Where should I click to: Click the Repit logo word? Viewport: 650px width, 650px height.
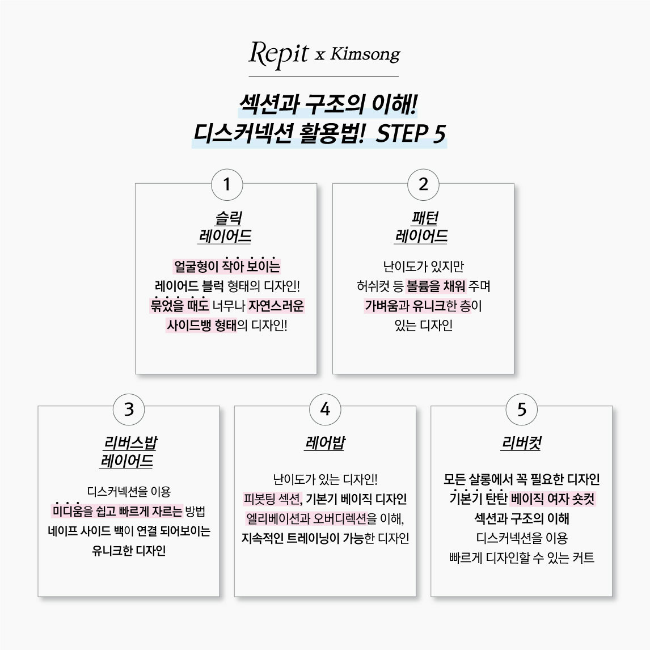(278, 54)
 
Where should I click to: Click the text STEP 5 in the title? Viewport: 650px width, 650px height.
(411, 133)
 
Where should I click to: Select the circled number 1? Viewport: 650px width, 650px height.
(227, 184)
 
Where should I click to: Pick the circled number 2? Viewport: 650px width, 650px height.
(423, 184)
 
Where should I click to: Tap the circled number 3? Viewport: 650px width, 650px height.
(129, 409)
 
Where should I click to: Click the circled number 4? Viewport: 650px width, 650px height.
(325, 409)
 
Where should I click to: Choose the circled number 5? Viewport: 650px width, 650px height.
(521, 409)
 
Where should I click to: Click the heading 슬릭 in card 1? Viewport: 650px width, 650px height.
(229, 218)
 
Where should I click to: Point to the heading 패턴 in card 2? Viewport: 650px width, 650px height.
(425, 218)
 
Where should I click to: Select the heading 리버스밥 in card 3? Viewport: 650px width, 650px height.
(130, 443)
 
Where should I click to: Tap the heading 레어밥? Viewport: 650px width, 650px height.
(325, 443)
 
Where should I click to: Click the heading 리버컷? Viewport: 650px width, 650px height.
(521, 443)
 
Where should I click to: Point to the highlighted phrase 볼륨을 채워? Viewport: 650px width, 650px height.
(436, 286)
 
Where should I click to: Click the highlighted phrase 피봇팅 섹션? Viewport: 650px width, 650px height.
(272, 499)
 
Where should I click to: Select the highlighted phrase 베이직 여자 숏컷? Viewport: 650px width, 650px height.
(553, 499)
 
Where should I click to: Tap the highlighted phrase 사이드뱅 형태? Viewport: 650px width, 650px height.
(201, 326)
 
